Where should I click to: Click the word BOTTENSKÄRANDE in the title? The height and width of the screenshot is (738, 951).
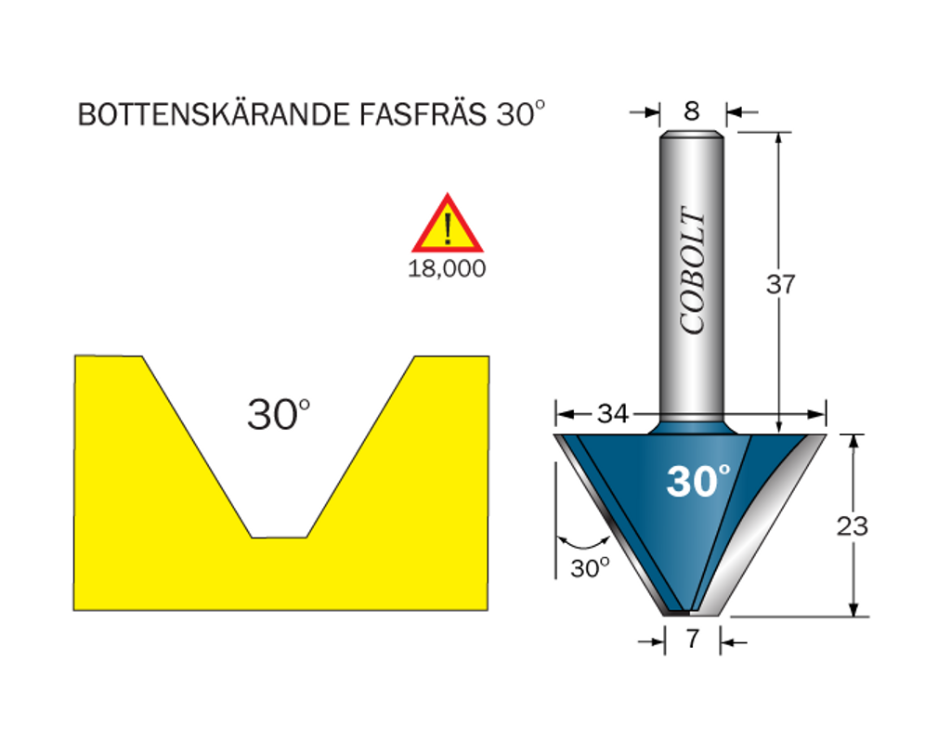click(x=215, y=114)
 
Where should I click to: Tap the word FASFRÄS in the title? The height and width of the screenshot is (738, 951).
click(x=423, y=114)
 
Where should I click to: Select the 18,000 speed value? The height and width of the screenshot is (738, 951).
click(x=447, y=268)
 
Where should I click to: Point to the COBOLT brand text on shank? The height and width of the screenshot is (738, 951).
click(x=693, y=270)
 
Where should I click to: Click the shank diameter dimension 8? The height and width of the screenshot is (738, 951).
click(x=691, y=111)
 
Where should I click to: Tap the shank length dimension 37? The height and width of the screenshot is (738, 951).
click(x=780, y=284)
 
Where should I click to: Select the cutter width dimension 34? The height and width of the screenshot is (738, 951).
click(x=613, y=414)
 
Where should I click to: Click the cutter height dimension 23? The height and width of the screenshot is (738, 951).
click(x=853, y=525)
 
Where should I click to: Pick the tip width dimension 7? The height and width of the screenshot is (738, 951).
click(x=693, y=638)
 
